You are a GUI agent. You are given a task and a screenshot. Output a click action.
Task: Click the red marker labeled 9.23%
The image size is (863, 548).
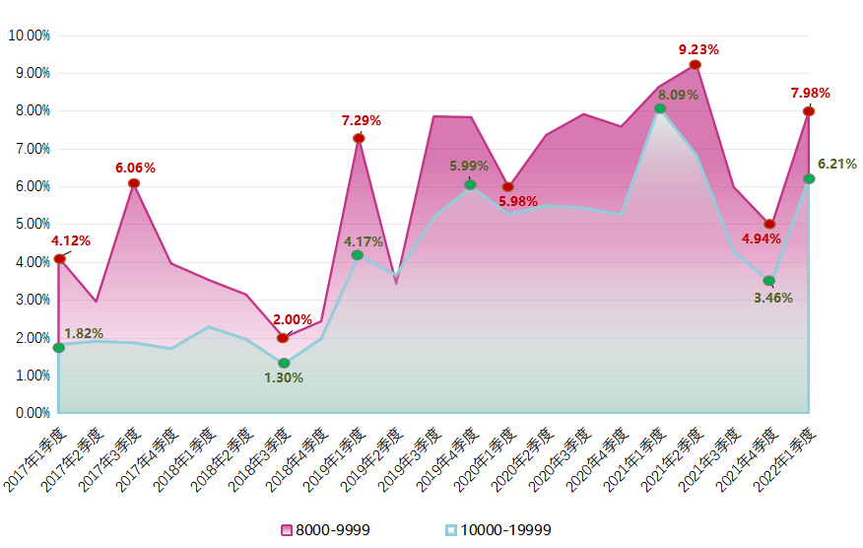[696, 65]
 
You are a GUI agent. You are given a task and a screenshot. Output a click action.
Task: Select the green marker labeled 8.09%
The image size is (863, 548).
[660, 108]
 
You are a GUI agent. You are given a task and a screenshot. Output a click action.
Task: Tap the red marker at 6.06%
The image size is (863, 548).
[134, 183]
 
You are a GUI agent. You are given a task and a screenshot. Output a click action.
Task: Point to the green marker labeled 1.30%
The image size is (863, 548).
[284, 364]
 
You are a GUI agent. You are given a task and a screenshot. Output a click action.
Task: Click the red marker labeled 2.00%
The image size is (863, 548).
[283, 338]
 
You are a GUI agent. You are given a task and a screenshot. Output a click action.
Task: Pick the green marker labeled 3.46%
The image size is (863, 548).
[769, 281]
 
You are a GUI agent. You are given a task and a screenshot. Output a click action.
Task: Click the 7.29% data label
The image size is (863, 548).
[362, 120]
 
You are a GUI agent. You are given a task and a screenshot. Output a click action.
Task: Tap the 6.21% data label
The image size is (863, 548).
[837, 164]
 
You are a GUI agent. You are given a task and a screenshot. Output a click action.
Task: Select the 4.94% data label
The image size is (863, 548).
[762, 239]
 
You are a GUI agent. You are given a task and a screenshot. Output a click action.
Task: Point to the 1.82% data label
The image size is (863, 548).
[84, 333]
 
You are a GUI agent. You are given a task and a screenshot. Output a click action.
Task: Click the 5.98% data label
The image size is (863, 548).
[518, 202]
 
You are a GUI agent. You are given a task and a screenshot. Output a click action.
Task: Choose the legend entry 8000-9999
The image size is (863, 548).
[326, 530]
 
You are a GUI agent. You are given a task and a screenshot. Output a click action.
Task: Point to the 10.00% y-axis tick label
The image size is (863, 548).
[29, 35]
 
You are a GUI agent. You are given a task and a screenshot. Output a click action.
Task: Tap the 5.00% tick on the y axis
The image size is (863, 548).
[31, 224]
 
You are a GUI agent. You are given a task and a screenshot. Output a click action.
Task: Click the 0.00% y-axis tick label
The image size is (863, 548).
[31, 413]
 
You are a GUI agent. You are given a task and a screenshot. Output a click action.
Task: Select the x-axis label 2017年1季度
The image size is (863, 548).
[36, 459]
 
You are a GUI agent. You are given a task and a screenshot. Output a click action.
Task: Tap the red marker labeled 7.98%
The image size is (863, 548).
[809, 111]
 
